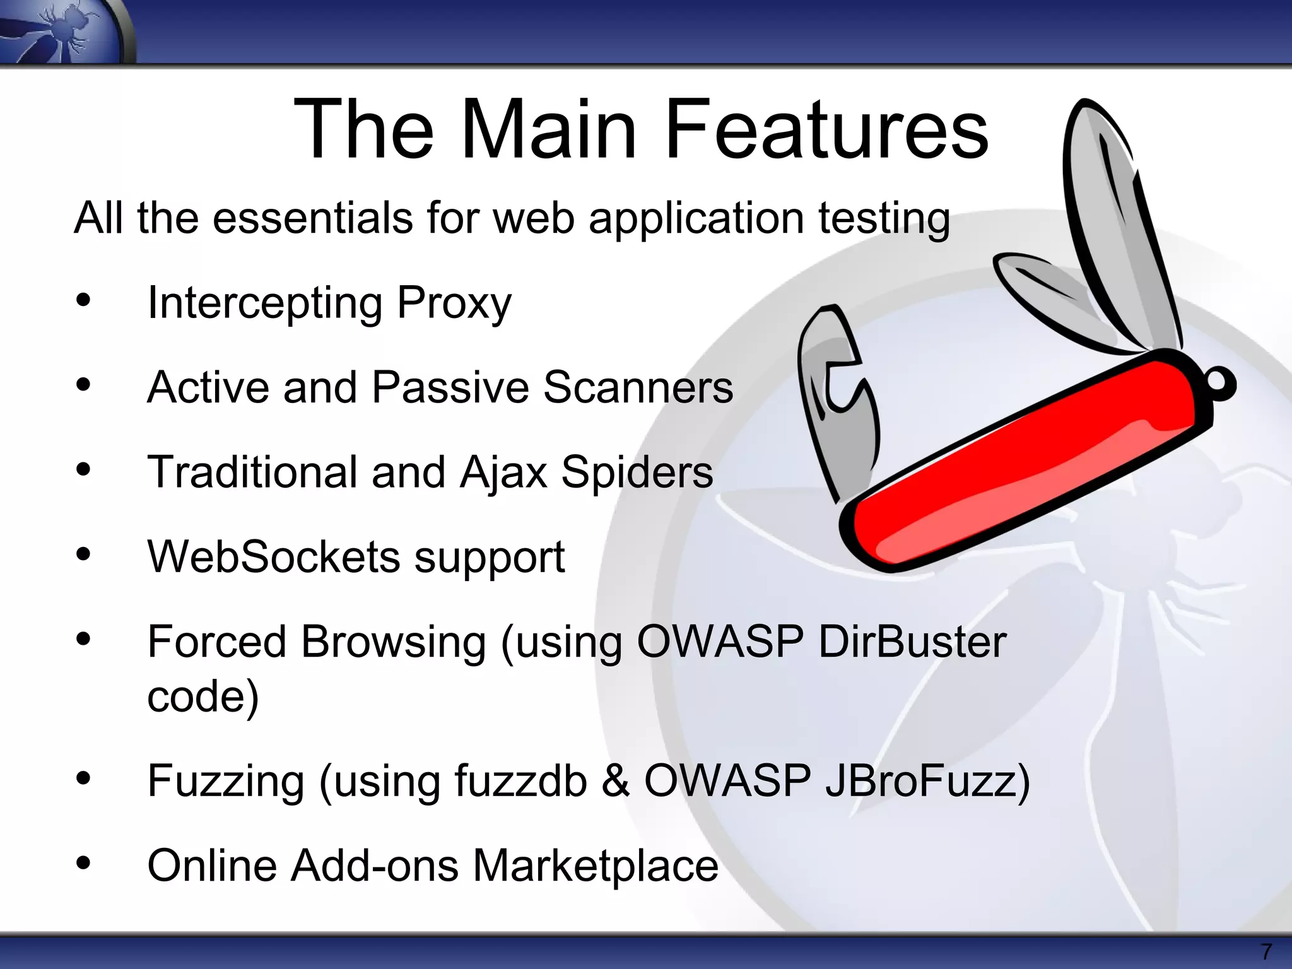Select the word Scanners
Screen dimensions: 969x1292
[638, 387]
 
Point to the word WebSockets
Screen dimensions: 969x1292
[274, 557]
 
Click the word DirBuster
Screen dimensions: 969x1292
[912, 642]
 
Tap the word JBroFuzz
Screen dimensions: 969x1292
[927, 781]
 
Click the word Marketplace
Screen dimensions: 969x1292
[596, 866]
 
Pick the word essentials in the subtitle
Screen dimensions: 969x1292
[312, 218]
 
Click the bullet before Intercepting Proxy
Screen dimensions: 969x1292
[83, 302]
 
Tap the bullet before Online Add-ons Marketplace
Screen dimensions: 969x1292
[83, 863]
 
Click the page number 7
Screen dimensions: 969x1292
[1266, 951]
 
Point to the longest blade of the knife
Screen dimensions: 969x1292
[1117, 221]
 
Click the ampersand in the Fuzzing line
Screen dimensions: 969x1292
[615, 781]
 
